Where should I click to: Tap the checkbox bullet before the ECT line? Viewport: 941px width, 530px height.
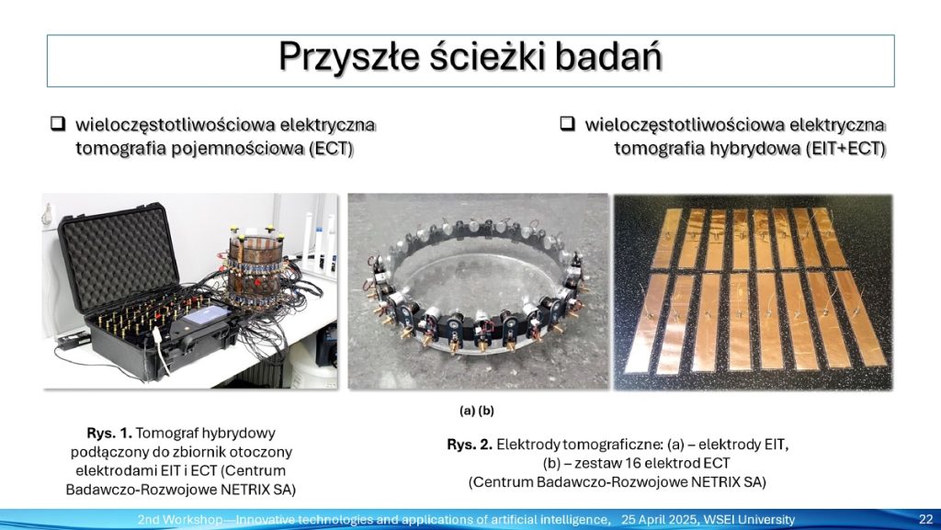[58, 124]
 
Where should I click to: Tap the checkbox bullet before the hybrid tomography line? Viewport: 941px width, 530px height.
[567, 123]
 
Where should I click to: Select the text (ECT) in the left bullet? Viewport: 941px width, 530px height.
[331, 149]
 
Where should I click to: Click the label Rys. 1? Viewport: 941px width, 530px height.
[109, 433]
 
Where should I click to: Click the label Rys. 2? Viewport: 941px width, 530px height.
[470, 445]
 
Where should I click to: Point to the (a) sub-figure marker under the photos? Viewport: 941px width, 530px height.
[468, 411]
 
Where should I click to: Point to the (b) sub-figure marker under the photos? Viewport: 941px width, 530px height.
[486, 411]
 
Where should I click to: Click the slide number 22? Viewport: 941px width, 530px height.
[926, 519]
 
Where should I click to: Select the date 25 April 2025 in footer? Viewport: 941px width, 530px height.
[658, 520]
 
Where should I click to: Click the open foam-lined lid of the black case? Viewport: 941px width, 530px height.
[118, 259]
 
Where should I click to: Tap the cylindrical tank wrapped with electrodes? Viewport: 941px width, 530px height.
[255, 270]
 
